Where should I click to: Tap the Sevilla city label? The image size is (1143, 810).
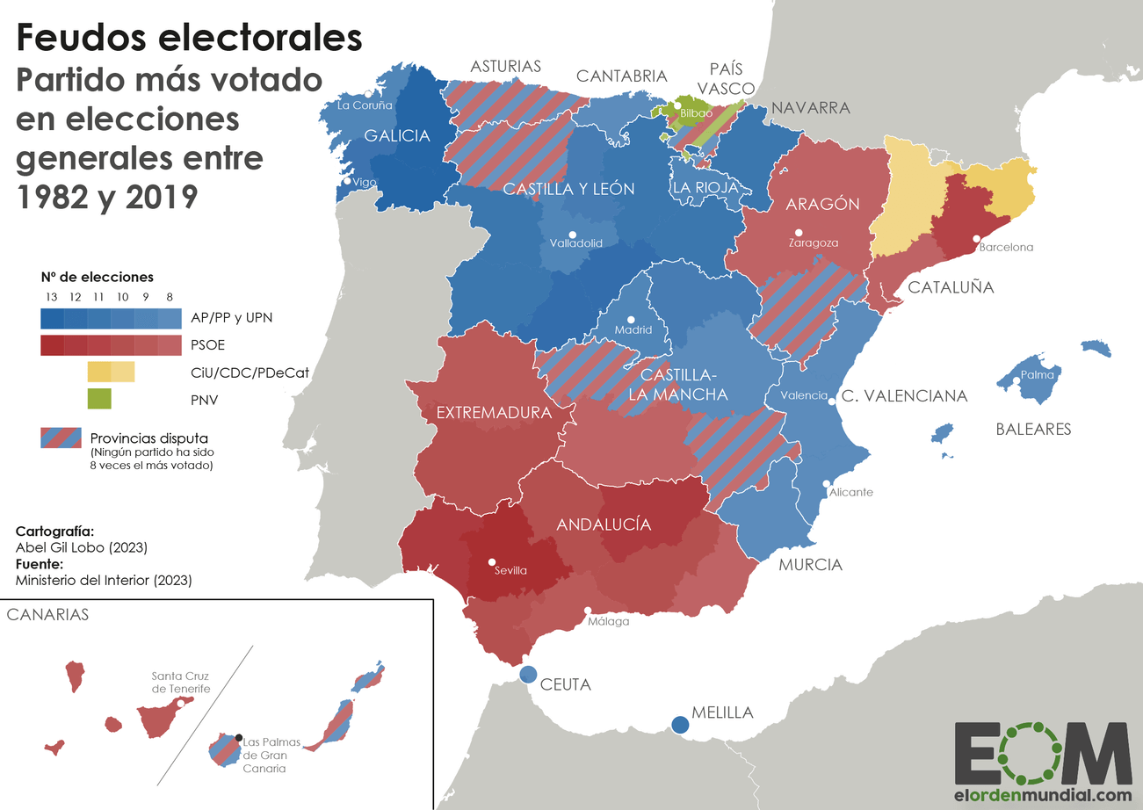click(x=510, y=570)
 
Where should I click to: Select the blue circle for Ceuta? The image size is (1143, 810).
click(x=528, y=675)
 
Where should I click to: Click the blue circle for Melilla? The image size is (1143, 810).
click(x=680, y=725)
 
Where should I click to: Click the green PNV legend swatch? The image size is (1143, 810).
click(x=99, y=399)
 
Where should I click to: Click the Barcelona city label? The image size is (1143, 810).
click(x=1006, y=247)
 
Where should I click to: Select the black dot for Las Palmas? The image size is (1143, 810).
click(x=239, y=736)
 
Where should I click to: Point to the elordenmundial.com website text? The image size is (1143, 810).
click(x=1043, y=794)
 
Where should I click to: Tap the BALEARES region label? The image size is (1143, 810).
click(x=1033, y=430)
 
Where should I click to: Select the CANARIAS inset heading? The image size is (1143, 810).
click(x=47, y=615)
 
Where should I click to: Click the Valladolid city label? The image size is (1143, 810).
click(x=575, y=243)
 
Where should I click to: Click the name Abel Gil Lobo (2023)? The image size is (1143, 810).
click(x=81, y=547)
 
